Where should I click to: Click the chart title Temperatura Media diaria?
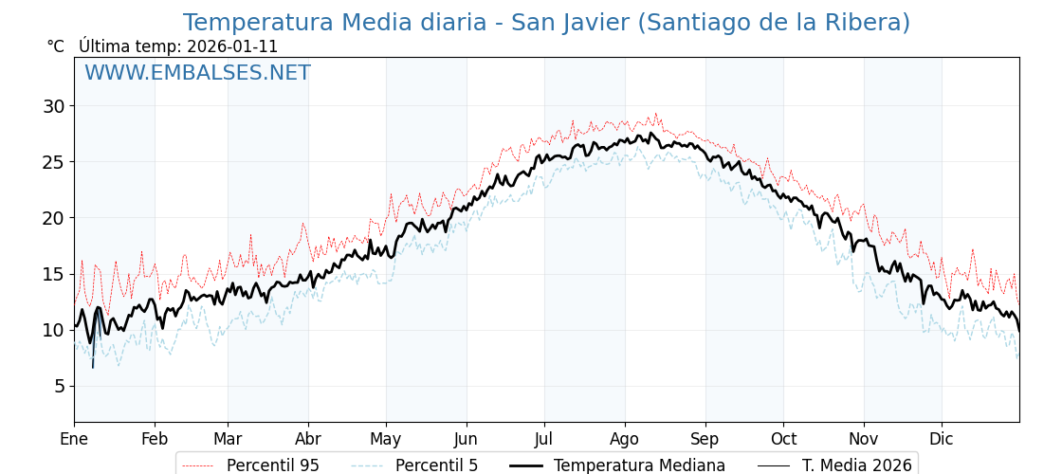546,23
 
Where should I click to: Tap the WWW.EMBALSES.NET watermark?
197,73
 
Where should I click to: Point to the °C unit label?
56,46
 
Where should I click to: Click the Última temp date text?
178,46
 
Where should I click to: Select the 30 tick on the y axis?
53,106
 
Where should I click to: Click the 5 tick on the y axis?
59,386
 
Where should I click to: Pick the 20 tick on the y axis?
53,218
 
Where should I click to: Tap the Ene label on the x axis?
74,439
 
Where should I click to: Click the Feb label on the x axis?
155,439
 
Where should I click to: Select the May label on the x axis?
386,439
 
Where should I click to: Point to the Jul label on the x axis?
544,439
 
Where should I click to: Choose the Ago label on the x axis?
625,439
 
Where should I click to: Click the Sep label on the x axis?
705,439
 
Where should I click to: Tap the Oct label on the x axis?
783,439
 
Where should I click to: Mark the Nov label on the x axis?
864,439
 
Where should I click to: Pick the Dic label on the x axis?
942,439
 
